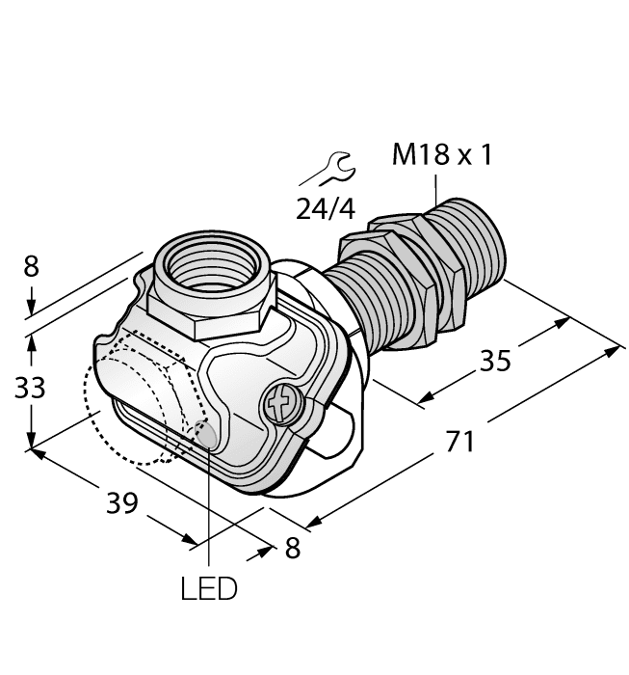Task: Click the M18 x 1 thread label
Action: pos(441,155)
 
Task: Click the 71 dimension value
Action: pos(461,442)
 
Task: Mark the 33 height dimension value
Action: pos(30,388)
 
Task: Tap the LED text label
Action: pos(208,587)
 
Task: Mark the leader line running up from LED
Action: pos(208,511)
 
